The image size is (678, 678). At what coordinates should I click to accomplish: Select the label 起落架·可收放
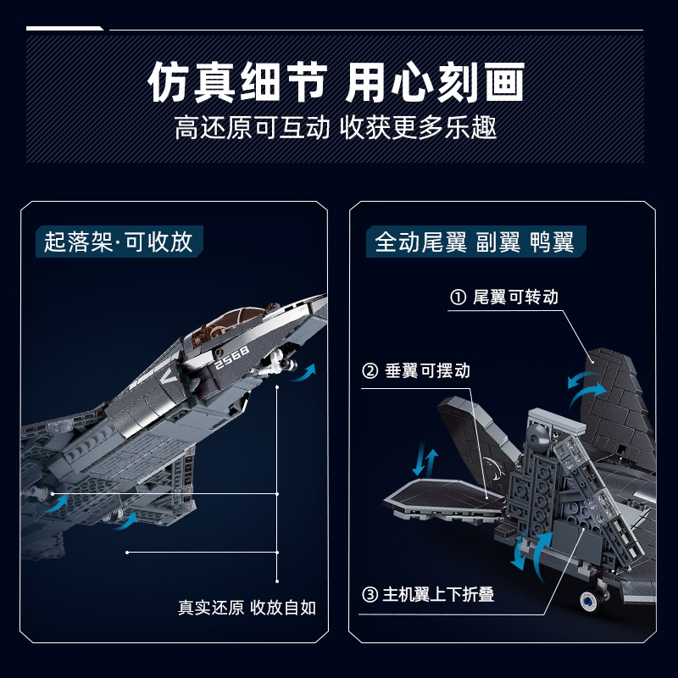coord(119,242)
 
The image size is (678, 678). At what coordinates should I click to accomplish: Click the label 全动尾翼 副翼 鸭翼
coord(475,242)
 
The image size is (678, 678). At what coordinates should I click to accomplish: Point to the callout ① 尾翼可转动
coord(504,297)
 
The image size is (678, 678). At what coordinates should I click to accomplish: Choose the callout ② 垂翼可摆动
coord(416,371)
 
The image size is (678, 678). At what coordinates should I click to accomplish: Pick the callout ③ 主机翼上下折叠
coord(428,594)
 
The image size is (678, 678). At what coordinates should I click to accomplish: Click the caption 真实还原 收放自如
coord(247,608)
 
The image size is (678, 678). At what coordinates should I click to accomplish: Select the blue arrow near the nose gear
coord(306,372)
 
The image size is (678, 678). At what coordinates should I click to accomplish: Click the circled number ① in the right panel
coord(458,297)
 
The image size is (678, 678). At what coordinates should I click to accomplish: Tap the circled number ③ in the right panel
coord(370,594)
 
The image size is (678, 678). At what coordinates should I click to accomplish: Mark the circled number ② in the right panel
coord(370,371)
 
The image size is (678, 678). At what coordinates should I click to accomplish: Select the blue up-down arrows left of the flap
coord(425,462)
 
